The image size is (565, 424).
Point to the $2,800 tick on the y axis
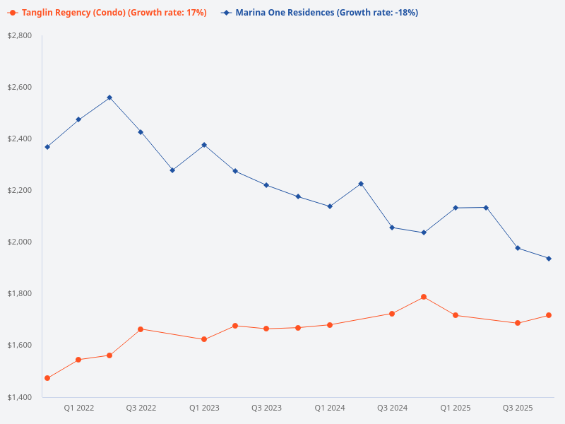pos(20,35)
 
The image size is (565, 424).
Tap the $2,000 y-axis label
pos(20,242)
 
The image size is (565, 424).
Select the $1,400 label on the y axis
pos(20,397)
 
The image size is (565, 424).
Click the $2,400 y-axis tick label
pos(20,139)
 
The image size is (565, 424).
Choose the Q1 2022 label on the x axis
pos(78,408)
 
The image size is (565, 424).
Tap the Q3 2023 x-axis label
pos(266,408)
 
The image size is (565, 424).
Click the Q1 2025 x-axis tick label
pos(455,408)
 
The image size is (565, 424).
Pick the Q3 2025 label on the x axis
pos(518,408)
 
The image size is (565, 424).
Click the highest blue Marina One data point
pos(109,98)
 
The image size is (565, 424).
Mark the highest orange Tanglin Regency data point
pos(424,297)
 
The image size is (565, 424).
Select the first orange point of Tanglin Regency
pos(47,378)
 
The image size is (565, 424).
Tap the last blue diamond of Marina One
pos(549,259)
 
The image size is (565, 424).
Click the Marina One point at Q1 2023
pos(204,145)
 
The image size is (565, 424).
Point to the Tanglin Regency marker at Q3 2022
pos(141,329)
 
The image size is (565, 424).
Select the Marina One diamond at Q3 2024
pos(392,228)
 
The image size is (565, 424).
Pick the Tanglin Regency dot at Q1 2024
pos(330,325)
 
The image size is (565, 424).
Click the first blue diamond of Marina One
pos(47,147)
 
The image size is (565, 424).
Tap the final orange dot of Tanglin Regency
pos(549,315)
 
